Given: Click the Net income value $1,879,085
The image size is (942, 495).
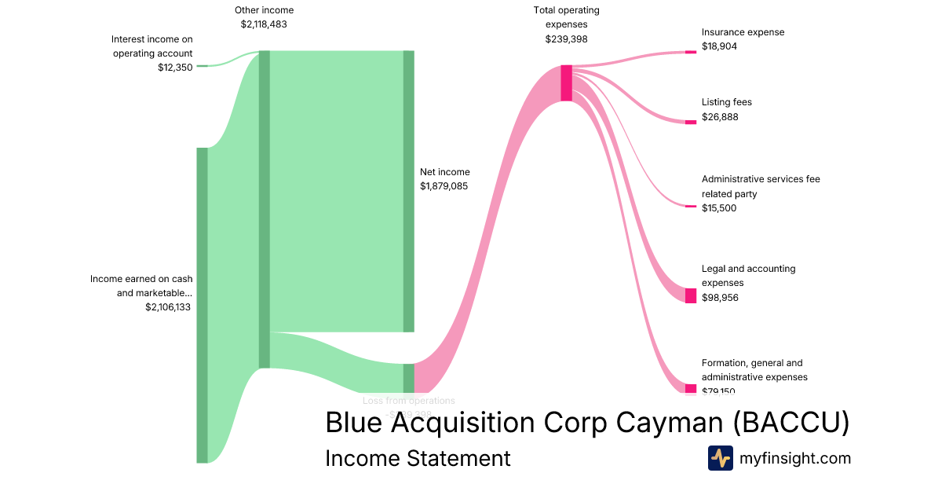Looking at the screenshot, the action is (x=444, y=186).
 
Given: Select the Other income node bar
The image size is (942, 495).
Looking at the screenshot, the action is (x=265, y=209).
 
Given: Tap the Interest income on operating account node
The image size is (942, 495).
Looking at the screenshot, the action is (x=202, y=66).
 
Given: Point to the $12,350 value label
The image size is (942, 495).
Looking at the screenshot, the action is (x=175, y=68).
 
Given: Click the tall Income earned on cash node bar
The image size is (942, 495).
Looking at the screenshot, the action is (x=202, y=305).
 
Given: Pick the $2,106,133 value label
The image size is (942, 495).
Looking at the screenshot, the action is (x=169, y=307).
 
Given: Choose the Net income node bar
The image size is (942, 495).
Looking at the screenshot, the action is (x=409, y=191).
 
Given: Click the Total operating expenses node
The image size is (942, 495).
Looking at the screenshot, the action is (x=566, y=82).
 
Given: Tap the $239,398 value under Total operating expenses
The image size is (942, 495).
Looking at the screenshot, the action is (x=566, y=39).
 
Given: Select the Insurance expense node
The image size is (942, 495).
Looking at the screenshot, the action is (x=691, y=52).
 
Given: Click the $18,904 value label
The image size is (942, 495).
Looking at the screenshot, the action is (x=719, y=46).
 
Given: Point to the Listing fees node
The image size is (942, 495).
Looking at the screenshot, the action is (x=691, y=122).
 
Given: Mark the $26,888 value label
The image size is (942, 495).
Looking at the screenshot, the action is (x=719, y=117).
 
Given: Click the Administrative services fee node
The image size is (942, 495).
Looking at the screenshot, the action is (x=691, y=207).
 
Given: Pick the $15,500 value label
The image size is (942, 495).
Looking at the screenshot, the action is (x=719, y=208).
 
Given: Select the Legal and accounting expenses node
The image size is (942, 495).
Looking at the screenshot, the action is (x=691, y=295).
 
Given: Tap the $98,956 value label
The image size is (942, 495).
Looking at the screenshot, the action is (x=719, y=298).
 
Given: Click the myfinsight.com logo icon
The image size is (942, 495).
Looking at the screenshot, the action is (x=720, y=457).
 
